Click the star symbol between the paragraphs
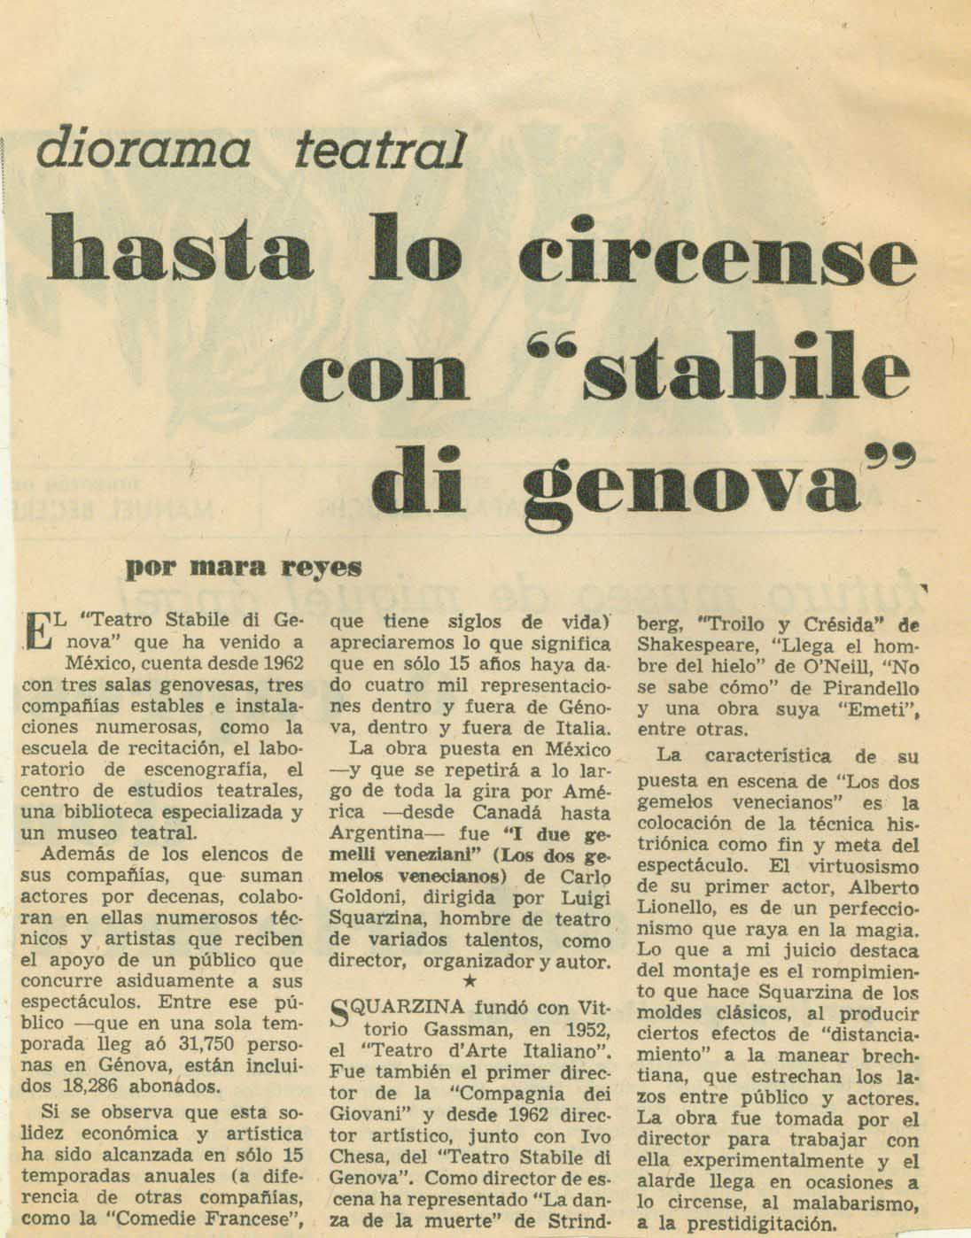point(471,980)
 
